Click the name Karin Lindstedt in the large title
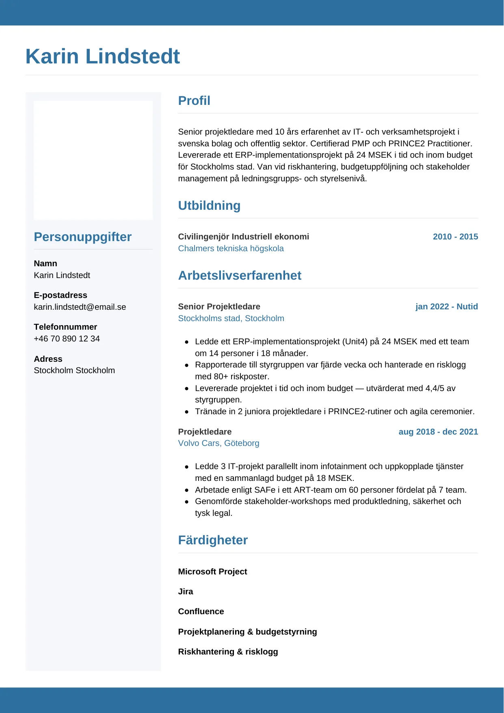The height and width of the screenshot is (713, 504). point(103,57)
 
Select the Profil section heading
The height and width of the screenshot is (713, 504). point(194,101)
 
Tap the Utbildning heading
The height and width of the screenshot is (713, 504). point(209,206)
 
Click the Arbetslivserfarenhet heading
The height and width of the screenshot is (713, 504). point(240,276)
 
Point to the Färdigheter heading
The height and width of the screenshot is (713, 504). point(213,540)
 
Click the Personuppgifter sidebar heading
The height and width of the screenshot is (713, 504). point(83,237)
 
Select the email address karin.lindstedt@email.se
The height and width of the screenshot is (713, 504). point(80,307)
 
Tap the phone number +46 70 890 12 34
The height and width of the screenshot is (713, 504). point(67,339)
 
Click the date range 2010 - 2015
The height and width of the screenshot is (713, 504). point(455,237)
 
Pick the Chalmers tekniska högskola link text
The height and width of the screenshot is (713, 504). point(231,248)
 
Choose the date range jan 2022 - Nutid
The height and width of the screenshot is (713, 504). point(446,307)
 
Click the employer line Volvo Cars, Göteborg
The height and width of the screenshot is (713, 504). point(218,443)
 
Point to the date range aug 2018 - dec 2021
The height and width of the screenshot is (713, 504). point(438,432)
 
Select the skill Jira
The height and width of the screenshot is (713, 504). point(186,591)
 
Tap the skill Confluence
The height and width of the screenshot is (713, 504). point(201,611)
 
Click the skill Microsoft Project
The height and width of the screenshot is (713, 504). point(212,572)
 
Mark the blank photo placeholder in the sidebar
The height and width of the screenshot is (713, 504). point(93,160)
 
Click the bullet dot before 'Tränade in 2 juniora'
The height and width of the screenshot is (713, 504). point(187,412)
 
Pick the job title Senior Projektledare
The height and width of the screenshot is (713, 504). point(219,307)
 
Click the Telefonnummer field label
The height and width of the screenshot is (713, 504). point(65,327)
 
